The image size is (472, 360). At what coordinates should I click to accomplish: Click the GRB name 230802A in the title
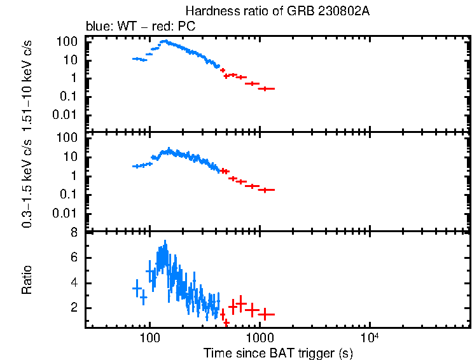tap(332, 11)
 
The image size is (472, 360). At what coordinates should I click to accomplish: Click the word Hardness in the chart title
tap(207, 11)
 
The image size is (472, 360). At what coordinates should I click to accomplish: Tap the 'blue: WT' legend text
tap(108, 27)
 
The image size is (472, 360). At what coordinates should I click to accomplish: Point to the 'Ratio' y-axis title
tap(27, 280)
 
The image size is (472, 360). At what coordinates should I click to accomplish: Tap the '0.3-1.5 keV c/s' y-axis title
tap(27, 184)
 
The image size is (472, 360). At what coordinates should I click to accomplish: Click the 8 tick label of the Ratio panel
tap(74, 233)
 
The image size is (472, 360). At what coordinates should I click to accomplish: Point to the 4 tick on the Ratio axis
tap(74, 283)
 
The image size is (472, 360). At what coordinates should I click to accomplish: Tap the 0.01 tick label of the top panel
tap(67, 114)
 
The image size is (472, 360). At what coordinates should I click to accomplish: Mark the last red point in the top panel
tap(266, 88)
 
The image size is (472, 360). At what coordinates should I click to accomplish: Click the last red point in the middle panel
tap(266, 190)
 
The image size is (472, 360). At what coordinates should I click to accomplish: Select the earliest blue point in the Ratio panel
tap(136, 289)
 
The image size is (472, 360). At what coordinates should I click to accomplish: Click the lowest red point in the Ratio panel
tap(226, 323)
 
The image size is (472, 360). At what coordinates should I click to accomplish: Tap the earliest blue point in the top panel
tap(136, 59)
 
